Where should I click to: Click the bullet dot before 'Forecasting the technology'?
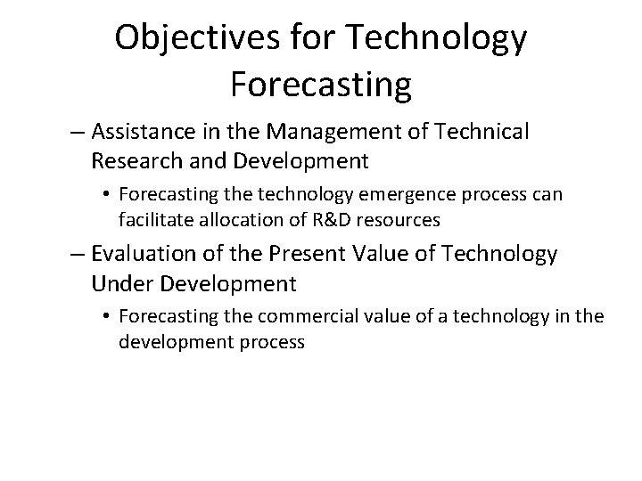pos(106,194)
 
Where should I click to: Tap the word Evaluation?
pos(139,254)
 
